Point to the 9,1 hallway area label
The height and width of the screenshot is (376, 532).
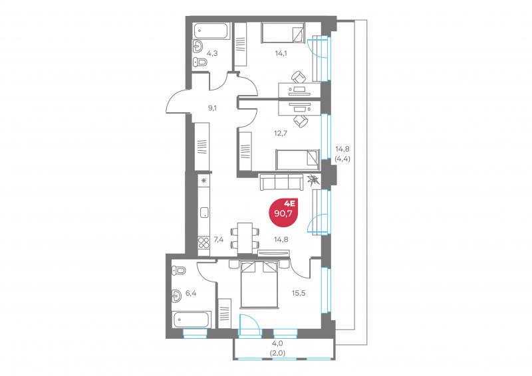[212, 107]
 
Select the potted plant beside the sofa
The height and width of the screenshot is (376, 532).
[313, 179]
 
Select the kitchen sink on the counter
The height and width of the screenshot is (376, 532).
[204, 213]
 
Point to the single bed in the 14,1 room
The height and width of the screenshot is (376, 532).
[283, 33]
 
